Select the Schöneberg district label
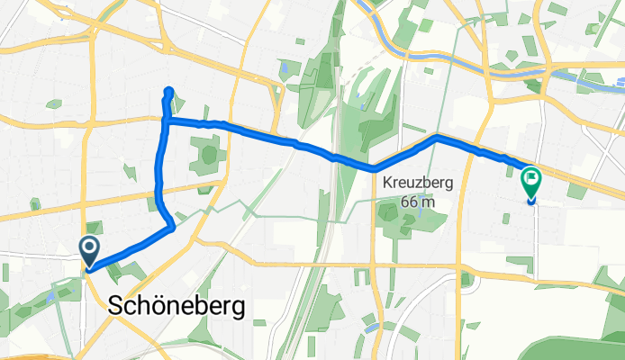[177, 306]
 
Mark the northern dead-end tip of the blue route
[169, 90]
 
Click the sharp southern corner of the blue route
[172, 228]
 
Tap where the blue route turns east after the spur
[165, 120]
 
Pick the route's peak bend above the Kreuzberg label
[437, 137]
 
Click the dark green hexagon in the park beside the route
[209, 155]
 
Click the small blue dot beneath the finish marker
[530, 202]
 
